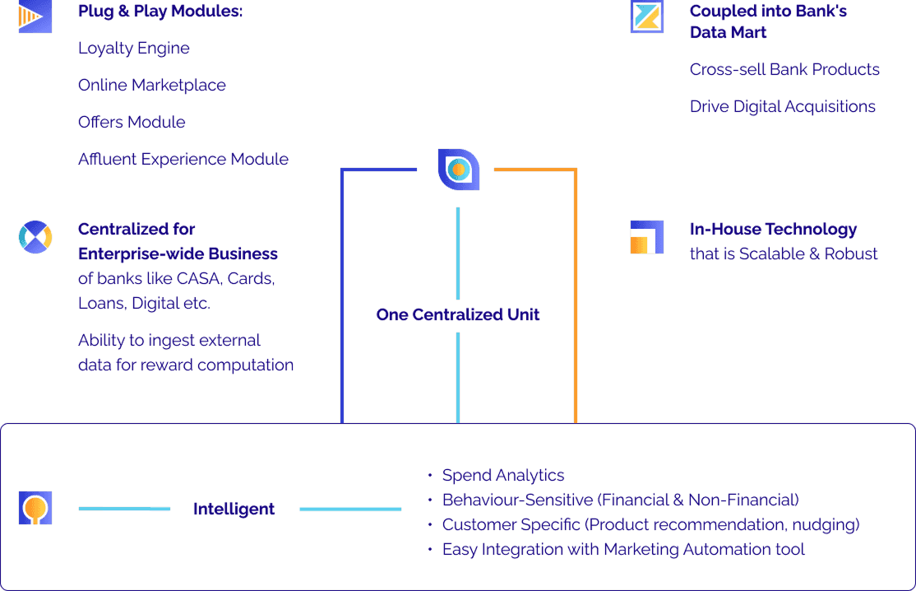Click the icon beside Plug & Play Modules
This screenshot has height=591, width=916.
pos(35,16)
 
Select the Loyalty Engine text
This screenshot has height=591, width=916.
pos(133,48)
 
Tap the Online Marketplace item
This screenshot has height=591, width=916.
pos(151,85)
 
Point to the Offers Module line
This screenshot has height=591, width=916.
pos(132,122)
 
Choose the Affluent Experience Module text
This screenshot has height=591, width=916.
pos(183,159)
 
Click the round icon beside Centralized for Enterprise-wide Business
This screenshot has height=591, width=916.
pos(35,237)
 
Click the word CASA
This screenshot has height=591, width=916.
pos(197,278)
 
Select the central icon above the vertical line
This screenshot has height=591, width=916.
pos(458,169)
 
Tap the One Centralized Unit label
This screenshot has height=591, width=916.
pos(457,314)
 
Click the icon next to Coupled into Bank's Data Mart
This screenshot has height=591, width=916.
pos(646,16)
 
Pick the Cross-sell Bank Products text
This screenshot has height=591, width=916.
pos(784,69)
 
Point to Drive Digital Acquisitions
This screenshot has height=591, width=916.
pos(782,106)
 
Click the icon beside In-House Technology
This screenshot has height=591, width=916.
pos(646,237)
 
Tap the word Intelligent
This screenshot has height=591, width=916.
pos(234,509)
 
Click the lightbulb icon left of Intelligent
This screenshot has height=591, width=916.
pos(35,508)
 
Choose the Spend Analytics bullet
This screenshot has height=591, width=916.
pos(502,475)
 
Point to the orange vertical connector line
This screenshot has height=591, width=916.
pos(576,296)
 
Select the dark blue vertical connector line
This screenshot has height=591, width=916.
pos(341,296)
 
